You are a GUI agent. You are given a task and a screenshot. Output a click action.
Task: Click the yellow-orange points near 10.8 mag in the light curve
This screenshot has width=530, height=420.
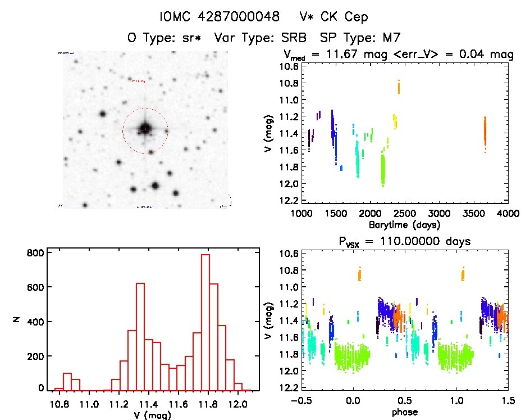pos(399,87)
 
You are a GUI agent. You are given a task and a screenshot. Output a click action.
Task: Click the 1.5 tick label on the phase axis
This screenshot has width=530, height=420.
pos(508,401)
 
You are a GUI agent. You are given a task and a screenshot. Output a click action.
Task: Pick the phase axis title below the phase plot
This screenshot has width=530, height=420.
pos(404,413)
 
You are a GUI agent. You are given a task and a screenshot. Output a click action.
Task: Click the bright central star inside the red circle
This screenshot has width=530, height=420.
pos(145,129)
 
